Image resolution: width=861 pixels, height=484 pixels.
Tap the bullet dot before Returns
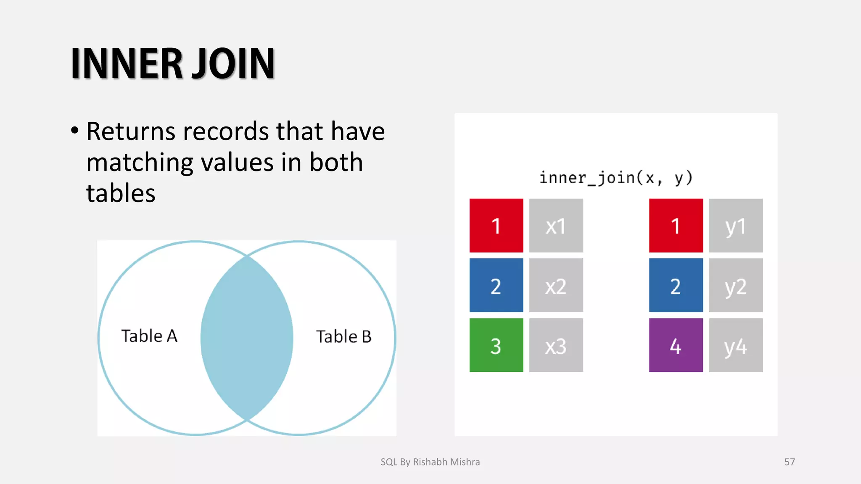[x=75, y=130]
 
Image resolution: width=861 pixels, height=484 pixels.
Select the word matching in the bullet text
[x=139, y=163]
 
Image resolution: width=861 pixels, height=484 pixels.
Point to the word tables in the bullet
[x=121, y=194]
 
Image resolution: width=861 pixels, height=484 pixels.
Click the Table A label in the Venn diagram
[x=149, y=336]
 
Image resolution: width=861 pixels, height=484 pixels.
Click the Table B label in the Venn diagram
[x=343, y=337]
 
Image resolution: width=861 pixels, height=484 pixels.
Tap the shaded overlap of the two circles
[x=247, y=338]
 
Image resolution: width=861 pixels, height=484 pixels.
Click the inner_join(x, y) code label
[x=616, y=178]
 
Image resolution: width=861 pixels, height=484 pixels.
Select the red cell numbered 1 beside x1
[x=496, y=226]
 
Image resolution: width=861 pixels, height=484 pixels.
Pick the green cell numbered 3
[x=496, y=345]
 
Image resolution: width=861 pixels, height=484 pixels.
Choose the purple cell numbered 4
[x=676, y=345]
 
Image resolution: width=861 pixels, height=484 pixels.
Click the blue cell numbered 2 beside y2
[x=676, y=285]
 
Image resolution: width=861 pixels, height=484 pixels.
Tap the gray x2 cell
[x=556, y=285]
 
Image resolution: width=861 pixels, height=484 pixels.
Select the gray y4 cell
[x=736, y=345]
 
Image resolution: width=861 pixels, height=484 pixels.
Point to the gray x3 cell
[x=556, y=345]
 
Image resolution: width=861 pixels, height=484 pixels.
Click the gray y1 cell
[x=736, y=226]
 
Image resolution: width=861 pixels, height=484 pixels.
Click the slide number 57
[x=790, y=462]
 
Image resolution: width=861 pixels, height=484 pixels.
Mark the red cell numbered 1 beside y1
[x=676, y=226]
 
